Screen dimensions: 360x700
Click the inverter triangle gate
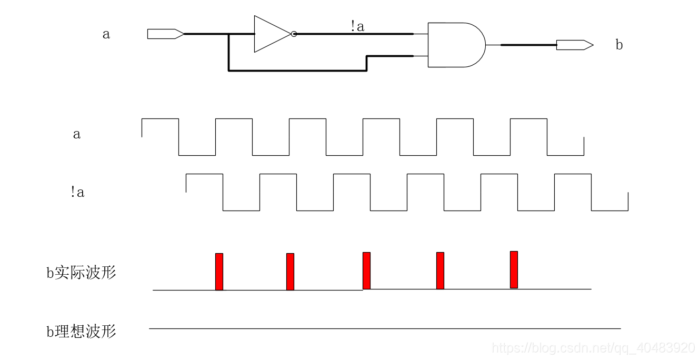[270, 34]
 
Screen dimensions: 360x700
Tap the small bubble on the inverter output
[294, 34]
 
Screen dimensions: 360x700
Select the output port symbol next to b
[574, 45]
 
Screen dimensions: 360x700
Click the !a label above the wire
[357, 26]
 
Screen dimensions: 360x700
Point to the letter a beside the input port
[106, 34]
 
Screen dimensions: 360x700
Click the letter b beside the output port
[619, 45]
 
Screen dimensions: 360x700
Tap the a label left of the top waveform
[77, 134]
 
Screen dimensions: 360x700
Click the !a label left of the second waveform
[77, 192]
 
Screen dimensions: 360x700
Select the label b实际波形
[81, 273]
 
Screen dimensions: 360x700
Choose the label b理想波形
[81, 332]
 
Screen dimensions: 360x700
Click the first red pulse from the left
[219, 272]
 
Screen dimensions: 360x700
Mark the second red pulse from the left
[290, 272]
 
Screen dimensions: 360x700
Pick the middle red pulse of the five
[366, 271]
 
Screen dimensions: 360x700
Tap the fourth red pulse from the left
[440, 271]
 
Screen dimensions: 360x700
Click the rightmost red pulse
[514, 269]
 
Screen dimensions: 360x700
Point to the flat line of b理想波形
[384, 328]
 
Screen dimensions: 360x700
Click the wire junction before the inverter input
[228, 34]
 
